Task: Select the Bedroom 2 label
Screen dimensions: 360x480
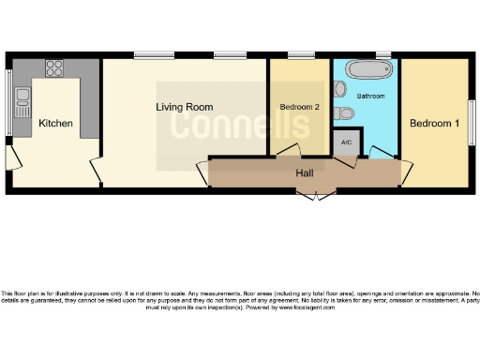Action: (300, 108)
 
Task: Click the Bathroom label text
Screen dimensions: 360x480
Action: (371, 96)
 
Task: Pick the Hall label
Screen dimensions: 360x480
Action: (305, 173)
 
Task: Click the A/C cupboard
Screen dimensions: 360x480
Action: (346, 142)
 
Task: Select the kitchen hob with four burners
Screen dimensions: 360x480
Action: (54, 68)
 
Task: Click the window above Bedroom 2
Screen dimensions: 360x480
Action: (300, 55)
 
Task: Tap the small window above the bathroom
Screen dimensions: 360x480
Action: (382, 54)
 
